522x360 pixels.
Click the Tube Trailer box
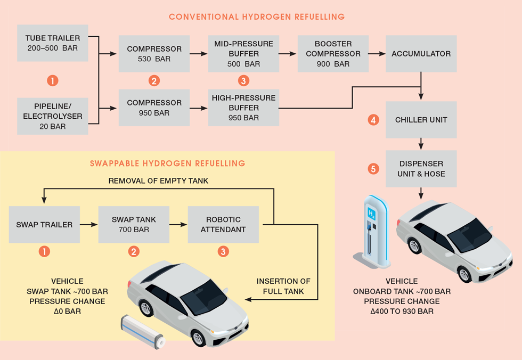[x=52, y=43]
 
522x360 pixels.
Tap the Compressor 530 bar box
[x=154, y=54]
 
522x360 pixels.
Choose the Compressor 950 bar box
[x=154, y=108]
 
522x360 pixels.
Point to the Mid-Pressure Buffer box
[x=243, y=54]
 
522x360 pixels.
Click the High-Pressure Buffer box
[x=243, y=108]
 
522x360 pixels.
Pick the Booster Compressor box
[x=333, y=54]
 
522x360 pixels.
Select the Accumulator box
[x=421, y=54]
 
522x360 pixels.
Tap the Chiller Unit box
[x=421, y=120]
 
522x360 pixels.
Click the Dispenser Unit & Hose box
[x=421, y=168]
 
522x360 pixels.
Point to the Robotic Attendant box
[x=223, y=225]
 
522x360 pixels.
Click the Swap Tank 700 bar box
[x=134, y=225]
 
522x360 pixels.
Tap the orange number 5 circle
[x=374, y=169]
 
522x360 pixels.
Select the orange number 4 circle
[x=374, y=120]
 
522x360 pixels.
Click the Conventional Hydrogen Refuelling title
[x=257, y=17]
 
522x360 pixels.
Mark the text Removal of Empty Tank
[x=158, y=181]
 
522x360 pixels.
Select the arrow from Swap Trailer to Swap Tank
[x=88, y=225]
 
